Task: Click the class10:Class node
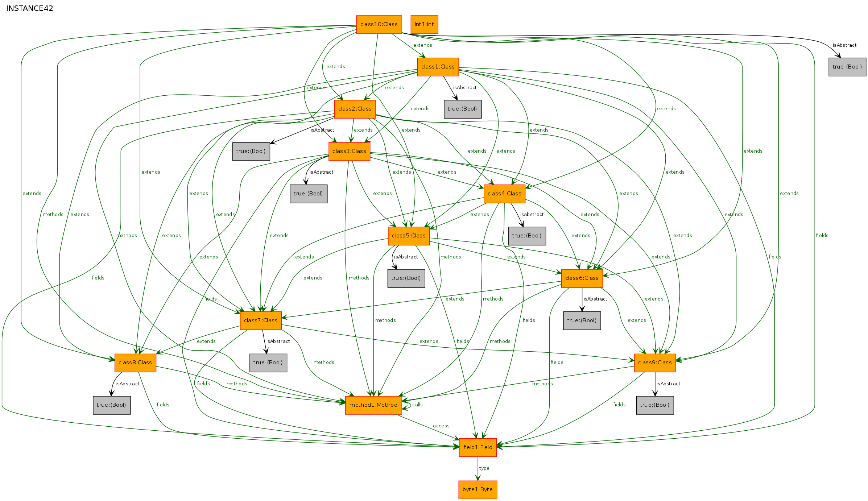379,25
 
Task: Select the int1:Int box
424,25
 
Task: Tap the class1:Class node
438,67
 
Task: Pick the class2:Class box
355,109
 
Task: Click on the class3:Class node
349,152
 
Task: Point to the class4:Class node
504,194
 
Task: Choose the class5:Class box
409,236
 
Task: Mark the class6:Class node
582,278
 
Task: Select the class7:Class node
260,321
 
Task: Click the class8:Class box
135,363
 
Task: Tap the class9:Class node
655,363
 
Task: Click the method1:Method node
373,405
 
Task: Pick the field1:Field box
478,448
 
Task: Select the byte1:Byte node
478,490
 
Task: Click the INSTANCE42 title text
30,8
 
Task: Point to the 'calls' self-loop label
417,405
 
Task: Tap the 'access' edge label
441,426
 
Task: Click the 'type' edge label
484,468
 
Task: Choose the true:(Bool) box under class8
111,405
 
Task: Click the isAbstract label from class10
844,45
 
